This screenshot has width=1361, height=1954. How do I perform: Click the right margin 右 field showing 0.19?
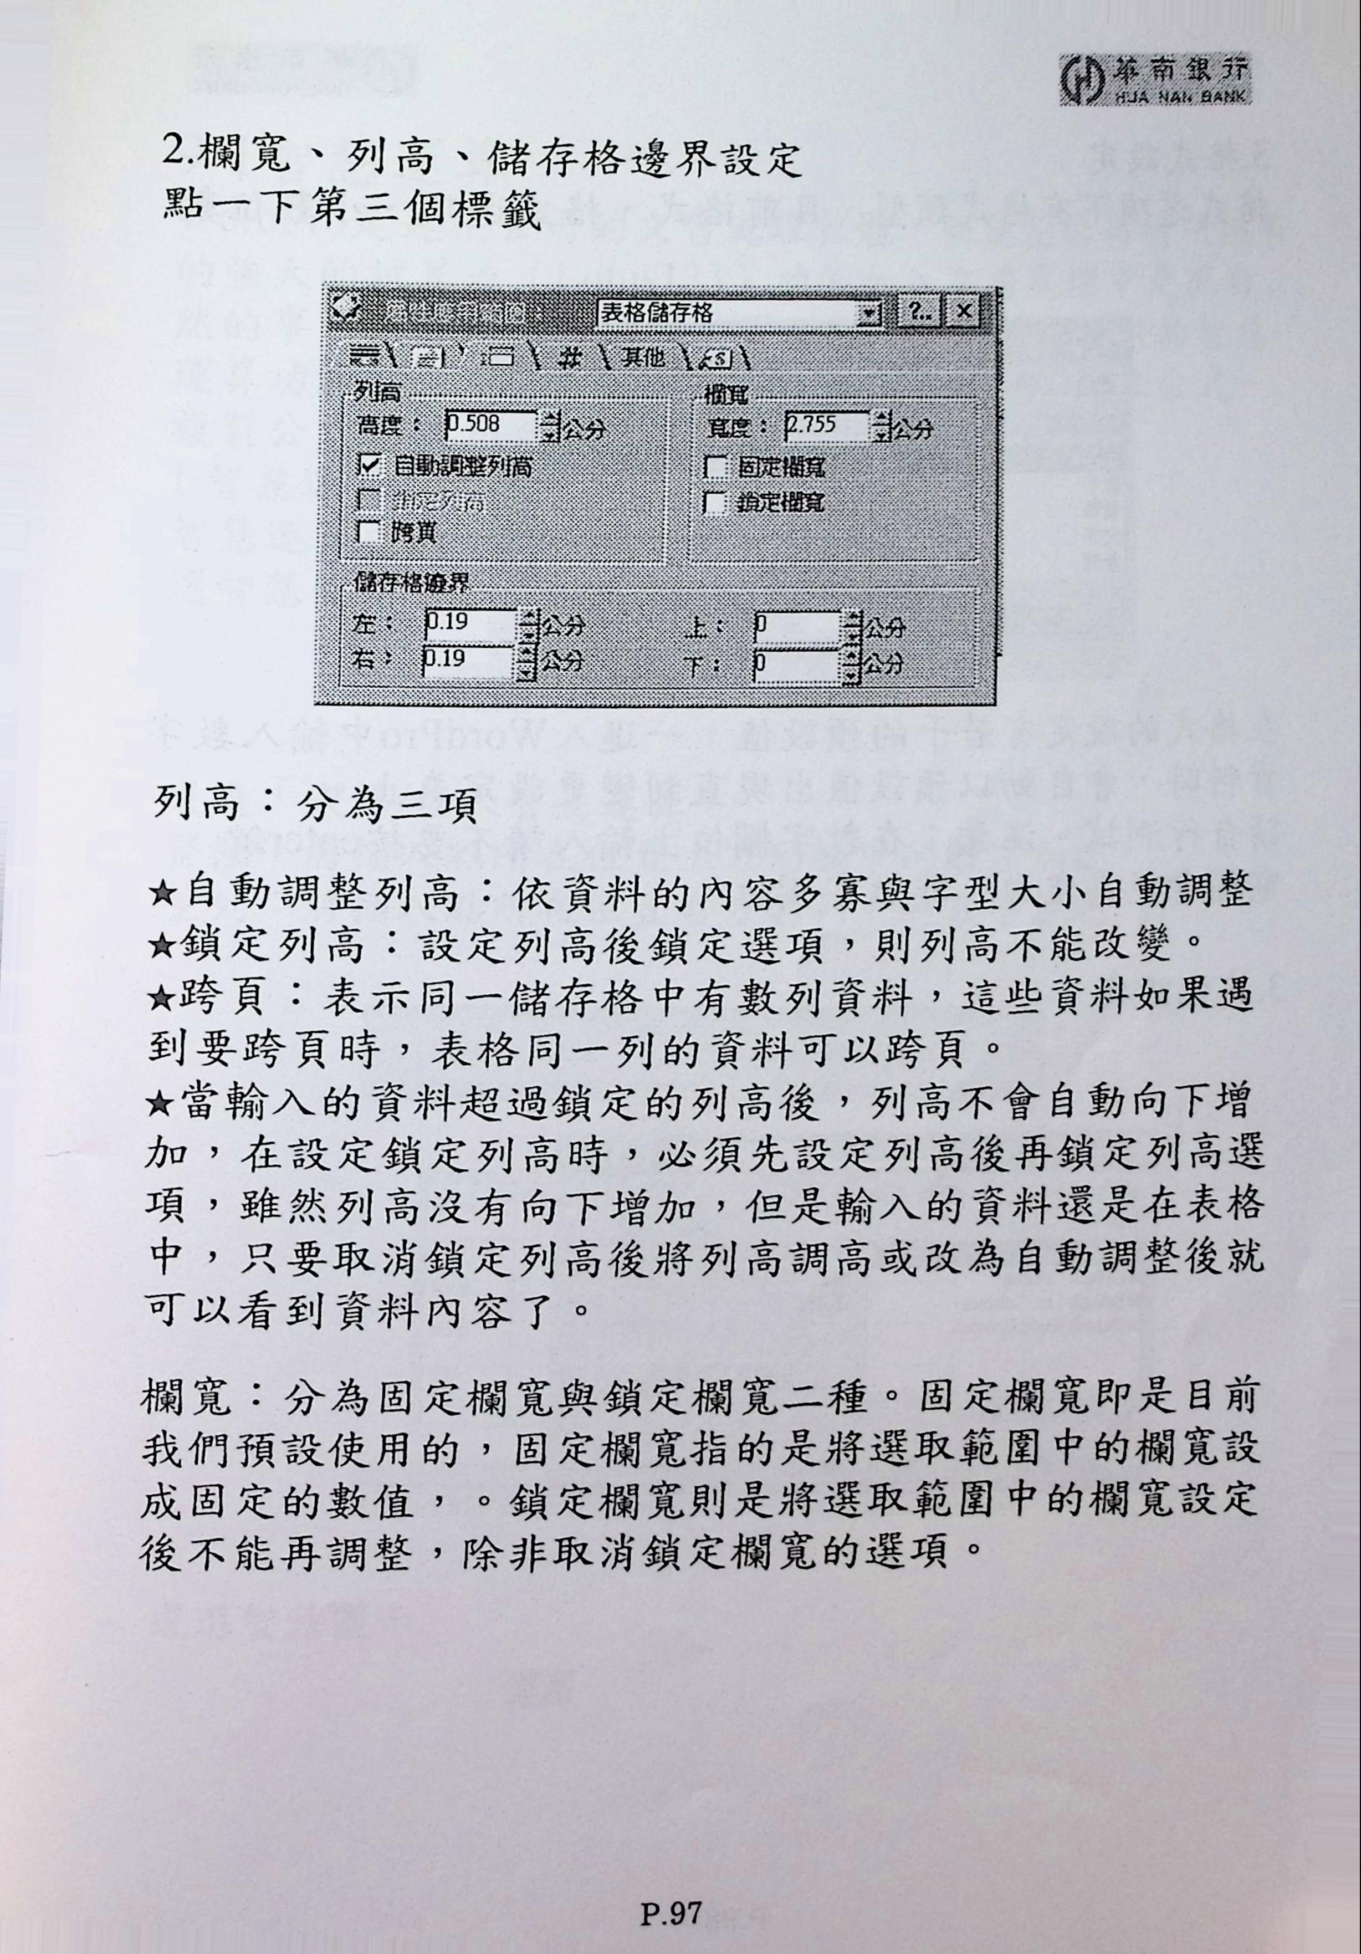pos(468,659)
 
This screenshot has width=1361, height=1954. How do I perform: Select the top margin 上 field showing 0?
pos(797,626)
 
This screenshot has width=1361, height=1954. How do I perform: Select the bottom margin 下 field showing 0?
pos(797,662)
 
